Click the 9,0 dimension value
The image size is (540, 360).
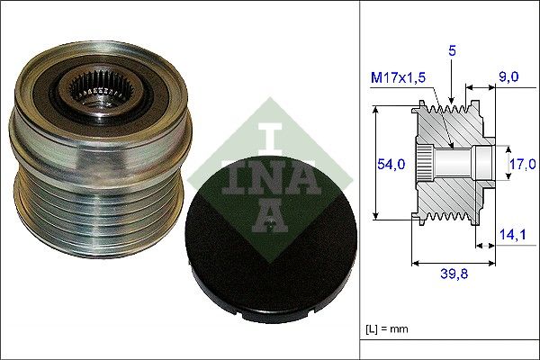pyautogui.click(x=508, y=77)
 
